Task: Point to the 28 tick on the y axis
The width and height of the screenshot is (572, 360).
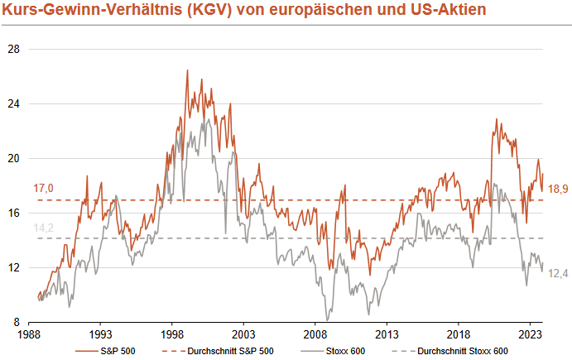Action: [x=13, y=49]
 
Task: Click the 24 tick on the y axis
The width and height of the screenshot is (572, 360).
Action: [x=13, y=103]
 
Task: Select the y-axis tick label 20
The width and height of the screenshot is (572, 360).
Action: [x=13, y=158]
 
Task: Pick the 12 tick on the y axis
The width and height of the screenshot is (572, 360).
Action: [x=13, y=267]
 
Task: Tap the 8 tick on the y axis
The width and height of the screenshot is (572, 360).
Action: [x=16, y=322]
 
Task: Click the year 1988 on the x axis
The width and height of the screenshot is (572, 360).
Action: [x=30, y=335]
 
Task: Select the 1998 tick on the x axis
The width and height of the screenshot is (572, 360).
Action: [x=172, y=335]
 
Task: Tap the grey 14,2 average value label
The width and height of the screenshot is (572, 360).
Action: [x=43, y=228]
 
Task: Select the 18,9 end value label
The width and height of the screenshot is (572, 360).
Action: [x=559, y=190]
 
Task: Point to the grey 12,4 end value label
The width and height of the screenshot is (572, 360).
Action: [x=559, y=274]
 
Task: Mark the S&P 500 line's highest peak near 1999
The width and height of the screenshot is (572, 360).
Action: [x=187, y=70]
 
